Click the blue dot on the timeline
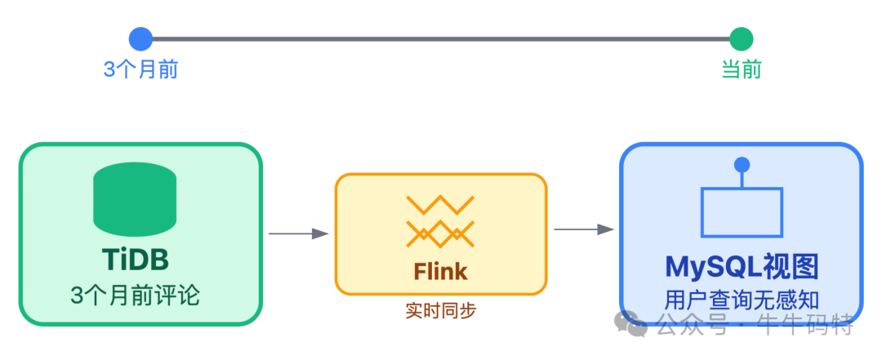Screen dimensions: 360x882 click(140, 38)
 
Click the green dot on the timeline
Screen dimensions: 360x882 click(741, 38)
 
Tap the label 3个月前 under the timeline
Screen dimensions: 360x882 click(140, 69)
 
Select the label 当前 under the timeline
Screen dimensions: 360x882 click(741, 69)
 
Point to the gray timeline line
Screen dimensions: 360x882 click(441, 38)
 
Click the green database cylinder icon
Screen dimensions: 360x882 click(136, 199)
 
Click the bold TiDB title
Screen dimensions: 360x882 click(136, 260)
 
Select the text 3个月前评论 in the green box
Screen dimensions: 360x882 click(136, 295)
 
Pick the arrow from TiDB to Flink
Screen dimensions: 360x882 click(298, 234)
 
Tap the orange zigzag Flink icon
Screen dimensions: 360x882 click(441, 221)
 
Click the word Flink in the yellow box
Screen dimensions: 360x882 click(441, 270)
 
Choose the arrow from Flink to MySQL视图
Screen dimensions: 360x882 click(583, 229)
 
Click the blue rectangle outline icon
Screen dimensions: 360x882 click(742, 213)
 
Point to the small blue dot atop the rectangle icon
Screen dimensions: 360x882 click(742, 165)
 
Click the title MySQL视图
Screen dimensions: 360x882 click(742, 267)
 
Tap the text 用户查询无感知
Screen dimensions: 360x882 click(742, 300)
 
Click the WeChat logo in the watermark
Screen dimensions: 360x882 click(631, 324)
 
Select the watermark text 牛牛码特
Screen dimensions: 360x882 click(809, 324)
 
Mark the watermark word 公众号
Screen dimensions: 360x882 click(691, 324)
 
